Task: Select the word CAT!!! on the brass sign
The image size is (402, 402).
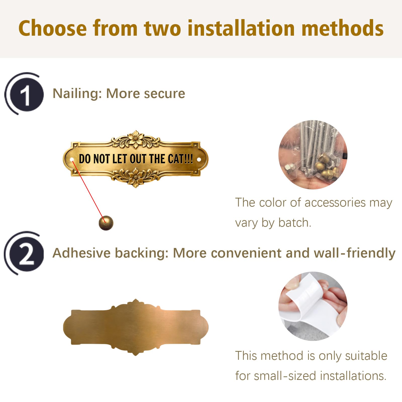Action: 180,159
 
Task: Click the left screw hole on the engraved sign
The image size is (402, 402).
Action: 72,160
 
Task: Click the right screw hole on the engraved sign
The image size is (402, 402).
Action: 199,160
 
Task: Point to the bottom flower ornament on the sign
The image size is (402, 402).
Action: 136,177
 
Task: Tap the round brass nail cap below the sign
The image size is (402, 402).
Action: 106,223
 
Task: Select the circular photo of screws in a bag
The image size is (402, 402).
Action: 313,155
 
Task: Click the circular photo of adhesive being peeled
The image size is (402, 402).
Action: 313,306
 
